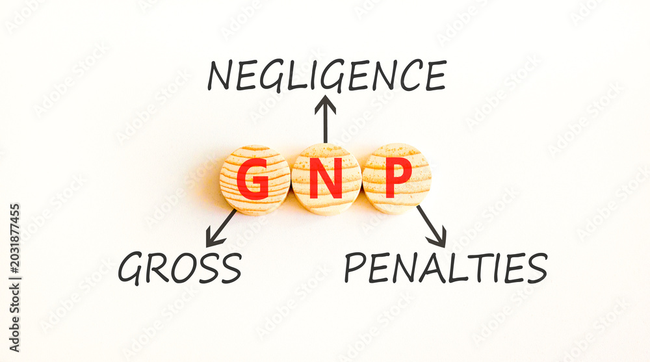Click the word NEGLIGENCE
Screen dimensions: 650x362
pos(327,75)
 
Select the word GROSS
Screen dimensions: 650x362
pos(180,268)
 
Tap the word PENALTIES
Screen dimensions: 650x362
pos(446,268)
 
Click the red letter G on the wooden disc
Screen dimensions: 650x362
pos(253,179)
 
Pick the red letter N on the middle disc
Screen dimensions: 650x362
pos(326,179)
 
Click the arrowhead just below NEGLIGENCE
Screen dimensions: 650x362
pos(326,104)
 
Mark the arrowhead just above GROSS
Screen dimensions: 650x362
pos(213,239)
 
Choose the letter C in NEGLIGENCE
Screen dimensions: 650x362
pos(409,75)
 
